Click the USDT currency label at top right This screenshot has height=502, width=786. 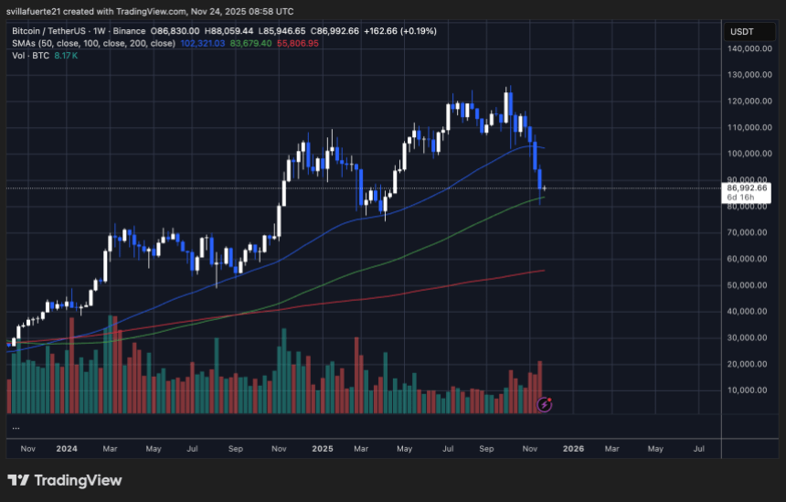pyautogui.click(x=740, y=31)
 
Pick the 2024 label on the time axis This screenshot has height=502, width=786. pyautogui.click(x=66, y=449)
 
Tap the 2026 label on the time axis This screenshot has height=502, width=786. pyautogui.click(x=573, y=449)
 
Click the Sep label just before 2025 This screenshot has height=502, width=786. pyautogui.click(x=235, y=449)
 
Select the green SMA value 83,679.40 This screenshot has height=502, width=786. pyautogui.click(x=251, y=42)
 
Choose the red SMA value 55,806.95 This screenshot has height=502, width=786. pyautogui.click(x=299, y=42)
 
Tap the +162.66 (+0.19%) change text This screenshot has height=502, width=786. pyautogui.click(x=400, y=30)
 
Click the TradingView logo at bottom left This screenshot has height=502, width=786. pyautogui.click(x=64, y=480)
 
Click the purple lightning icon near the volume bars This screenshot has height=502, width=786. pyautogui.click(x=545, y=403)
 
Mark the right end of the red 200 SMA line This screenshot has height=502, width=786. pyautogui.click(x=545, y=270)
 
